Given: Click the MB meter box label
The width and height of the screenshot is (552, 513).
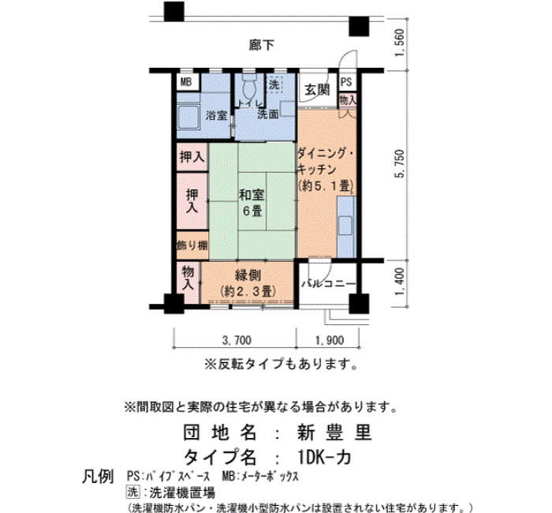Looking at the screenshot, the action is coord(186,82).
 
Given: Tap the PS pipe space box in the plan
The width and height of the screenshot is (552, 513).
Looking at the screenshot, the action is coord(347,82).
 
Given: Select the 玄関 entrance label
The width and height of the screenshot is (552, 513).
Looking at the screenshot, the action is coord(317,89).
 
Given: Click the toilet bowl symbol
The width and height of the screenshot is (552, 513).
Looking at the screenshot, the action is coord(250,87).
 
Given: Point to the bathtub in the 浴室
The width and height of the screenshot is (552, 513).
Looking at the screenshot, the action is coord(188,118).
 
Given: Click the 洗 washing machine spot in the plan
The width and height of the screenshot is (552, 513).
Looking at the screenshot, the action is coord(274,84).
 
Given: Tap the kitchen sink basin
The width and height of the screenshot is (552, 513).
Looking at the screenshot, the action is coord(345,226).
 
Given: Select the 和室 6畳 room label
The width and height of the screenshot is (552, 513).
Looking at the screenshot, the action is coord(252,203).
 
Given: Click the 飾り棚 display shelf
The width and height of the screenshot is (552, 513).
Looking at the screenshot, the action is coord(192,245).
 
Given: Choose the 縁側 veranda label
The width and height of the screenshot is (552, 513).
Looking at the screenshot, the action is coord(248,275).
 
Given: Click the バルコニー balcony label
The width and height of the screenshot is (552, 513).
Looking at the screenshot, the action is coord(329,283).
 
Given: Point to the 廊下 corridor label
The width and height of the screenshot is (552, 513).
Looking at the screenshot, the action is coord(261,45).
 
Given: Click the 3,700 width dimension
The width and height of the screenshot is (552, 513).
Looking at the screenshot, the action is coord(237,340).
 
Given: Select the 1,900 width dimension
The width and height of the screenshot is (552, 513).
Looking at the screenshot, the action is coord(330,340).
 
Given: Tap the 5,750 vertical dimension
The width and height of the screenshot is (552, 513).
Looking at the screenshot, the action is coord(401,164).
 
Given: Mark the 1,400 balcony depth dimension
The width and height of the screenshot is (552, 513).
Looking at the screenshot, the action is coord(400,282).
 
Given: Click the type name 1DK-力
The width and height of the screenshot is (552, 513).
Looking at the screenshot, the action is coord(324,457).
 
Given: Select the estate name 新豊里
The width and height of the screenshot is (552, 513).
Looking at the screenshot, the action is coord(334,432).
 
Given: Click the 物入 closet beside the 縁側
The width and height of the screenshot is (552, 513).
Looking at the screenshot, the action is coord(188,278).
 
